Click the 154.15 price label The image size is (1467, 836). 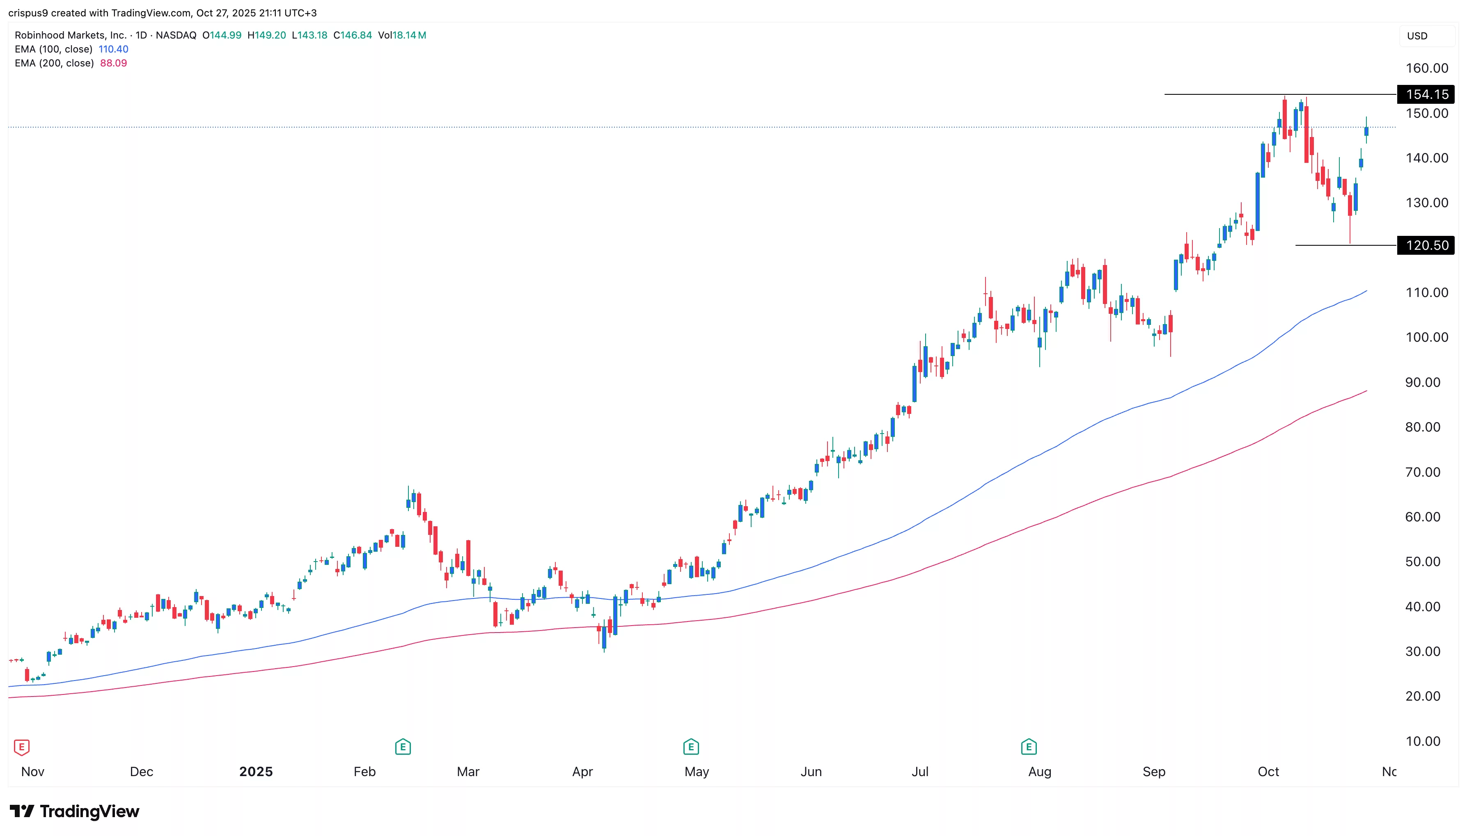point(1426,94)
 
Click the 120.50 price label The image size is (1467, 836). point(1426,245)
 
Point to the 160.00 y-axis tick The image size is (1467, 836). point(1426,68)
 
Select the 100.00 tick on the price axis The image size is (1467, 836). point(1426,337)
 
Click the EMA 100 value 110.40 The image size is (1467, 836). point(113,49)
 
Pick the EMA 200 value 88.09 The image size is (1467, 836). point(113,63)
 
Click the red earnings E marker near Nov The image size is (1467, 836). point(21,747)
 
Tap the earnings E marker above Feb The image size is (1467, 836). point(403,747)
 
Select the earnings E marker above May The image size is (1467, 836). point(690,747)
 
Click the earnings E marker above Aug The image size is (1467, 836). point(1028,747)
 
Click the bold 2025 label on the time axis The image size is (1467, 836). point(256,771)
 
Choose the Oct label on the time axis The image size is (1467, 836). point(1268,771)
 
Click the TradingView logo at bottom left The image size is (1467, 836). point(75,811)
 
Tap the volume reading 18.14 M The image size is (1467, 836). point(408,35)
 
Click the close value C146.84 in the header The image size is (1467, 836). point(353,35)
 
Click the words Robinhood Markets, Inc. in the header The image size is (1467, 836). point(70,35)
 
